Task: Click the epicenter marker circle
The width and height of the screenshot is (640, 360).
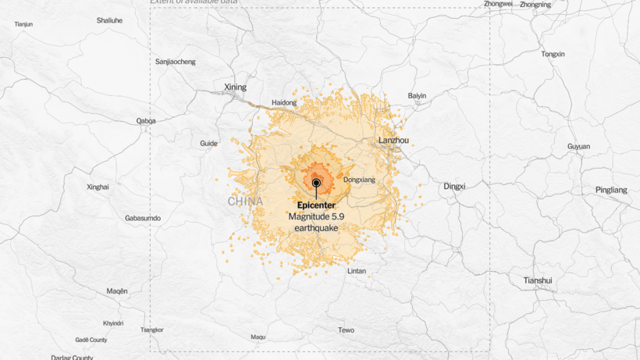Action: [x=316, y=183]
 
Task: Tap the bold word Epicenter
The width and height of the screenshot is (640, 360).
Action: [x=316, y=205]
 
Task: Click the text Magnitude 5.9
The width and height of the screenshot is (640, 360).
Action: [x=316, y=216]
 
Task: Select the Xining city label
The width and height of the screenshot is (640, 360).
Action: [x=234, y=87]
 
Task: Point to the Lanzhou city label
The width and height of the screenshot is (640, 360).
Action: [x=393, y=141]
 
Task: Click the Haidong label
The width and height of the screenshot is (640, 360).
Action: [x=284, y=102]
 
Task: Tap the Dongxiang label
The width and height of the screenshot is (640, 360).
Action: [x=359, y=180]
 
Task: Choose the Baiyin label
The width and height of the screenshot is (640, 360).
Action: [x=417, y=96]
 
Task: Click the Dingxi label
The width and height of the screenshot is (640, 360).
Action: [x=454, y=186]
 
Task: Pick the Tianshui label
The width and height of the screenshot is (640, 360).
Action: [x=537, y=280]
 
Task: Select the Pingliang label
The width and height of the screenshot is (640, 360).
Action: [x=611, y=190]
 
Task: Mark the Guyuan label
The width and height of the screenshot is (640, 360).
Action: [x=578, y=147]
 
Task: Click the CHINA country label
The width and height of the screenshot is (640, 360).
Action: [x=245, y=201]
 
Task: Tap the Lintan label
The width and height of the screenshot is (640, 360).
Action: [x=357, y=271]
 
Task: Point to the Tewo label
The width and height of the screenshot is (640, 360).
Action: [x=346, y=330]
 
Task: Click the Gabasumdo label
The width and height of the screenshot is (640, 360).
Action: [x=142, y=218]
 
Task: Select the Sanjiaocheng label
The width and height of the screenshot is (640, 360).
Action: [x=176, y=62]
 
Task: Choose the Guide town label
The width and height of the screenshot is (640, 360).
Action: [x=208, y=144]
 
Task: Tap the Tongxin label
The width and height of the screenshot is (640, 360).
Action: [x=553, y=54]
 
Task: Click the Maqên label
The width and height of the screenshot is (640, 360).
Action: [x=117, y=290]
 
